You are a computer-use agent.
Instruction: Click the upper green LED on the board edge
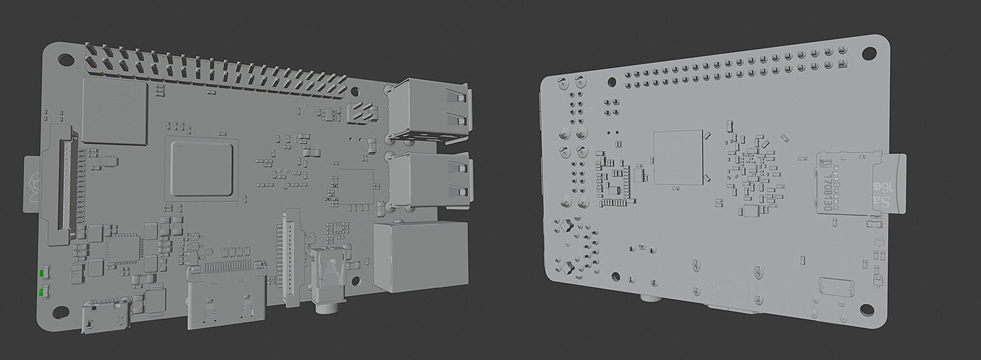click(x=43, y=272)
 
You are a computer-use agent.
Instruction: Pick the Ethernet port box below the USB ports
click(x=420, y=256)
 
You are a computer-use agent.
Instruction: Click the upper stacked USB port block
click(x=429, y=110)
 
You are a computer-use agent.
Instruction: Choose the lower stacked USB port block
click(x=429, y=181)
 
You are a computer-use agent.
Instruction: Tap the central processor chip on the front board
click(x=202, y=167)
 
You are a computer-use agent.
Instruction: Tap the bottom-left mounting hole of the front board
click(x=61, y=310)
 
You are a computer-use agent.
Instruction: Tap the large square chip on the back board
click(x=678, y=158)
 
